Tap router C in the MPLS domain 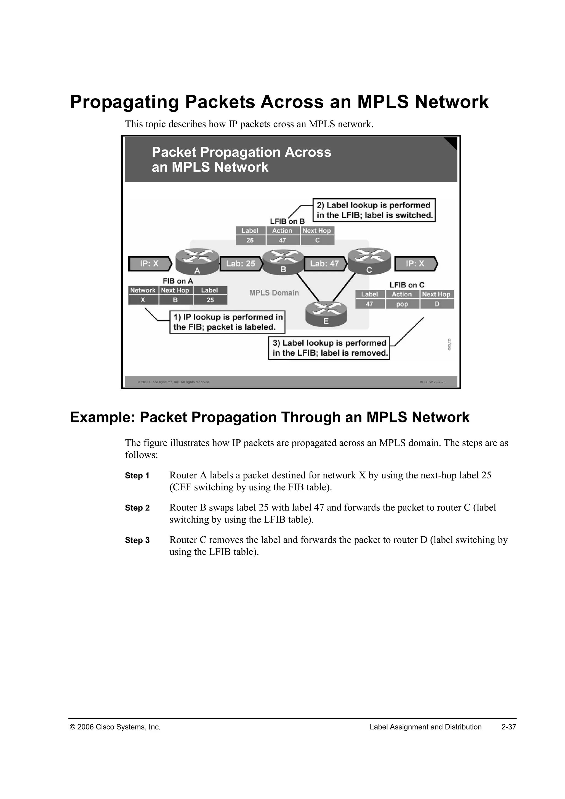click(369, 261)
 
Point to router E click(326, 313)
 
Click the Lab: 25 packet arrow click(240, 264)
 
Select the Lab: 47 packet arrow click(325, 264)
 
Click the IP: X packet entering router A click(150, 264)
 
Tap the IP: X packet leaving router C click(415, 264)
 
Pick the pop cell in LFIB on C click(402, 304)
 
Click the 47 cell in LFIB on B click(282, 240)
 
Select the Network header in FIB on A click(143, 290)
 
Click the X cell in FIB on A click(143, 300)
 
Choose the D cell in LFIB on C click(437, 304)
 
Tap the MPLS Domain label click(274, 293)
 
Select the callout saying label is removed click(329, 348)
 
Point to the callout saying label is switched click(374, 210)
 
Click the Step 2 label click(137, 508)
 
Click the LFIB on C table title click(407, 285)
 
